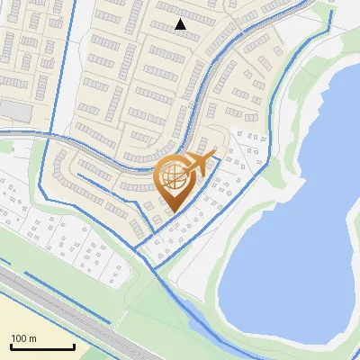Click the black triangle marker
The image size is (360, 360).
pos(180,24)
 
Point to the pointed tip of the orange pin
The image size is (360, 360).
pos(171,212)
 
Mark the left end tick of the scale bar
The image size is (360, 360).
pos(11,346)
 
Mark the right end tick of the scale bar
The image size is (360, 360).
pos(75,346)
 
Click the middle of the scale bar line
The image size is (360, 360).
pos(42,347)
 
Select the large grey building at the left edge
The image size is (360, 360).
pos(13,110)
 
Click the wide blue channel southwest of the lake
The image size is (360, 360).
pos(193,315)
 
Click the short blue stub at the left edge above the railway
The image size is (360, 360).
pos(4,262)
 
